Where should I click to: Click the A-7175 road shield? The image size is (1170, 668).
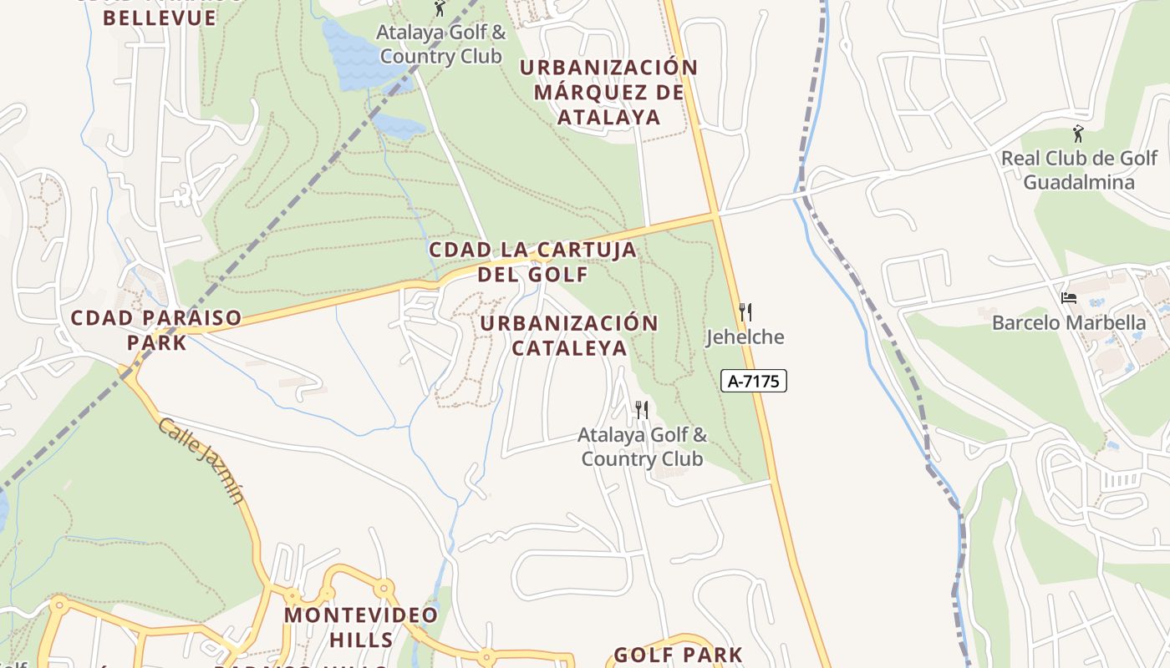tap(753, 382)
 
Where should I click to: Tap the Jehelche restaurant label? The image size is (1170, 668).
tap(745, 337)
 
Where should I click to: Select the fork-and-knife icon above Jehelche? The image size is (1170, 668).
tap(745, 312)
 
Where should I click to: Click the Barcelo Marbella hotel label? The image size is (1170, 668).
tap(1069, 322)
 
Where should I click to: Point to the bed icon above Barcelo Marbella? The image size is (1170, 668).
tap(1068, 297)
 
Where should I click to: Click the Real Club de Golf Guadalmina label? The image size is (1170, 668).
tap(1079, 170)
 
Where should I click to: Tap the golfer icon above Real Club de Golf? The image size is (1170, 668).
tap(1078, 134)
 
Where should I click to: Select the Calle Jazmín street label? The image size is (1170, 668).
tap(202, 460)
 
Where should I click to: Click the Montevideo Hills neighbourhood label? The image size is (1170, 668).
tap(361, 627)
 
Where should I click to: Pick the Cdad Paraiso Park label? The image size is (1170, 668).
tap(156, 330)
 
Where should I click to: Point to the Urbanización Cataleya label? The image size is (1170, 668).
tap(569, 335)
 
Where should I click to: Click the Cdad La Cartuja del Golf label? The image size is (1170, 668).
tap(532, 261)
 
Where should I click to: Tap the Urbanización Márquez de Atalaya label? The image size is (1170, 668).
tap(608, 92)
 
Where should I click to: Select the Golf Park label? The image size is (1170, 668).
tap(678, 655)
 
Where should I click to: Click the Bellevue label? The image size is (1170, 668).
tap(160, 18)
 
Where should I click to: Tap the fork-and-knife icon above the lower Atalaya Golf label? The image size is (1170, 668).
tap(642, 409)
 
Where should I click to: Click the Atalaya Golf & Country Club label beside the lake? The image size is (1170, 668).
tap(440, 44)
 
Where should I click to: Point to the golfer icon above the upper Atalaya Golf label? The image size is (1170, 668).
tap(440, 8)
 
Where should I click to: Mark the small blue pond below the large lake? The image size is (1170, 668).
tap(399, 126)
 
